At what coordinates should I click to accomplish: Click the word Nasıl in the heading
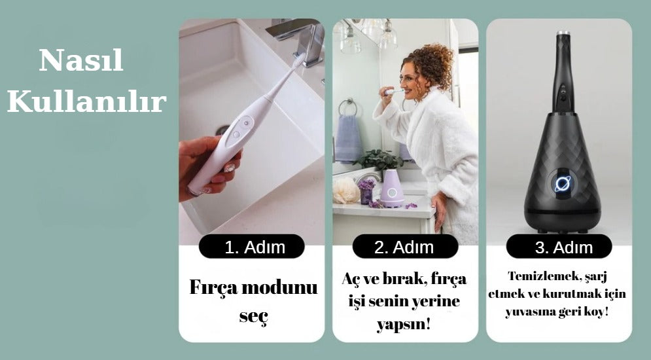click(x=81, y=60)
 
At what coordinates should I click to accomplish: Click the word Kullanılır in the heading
click(x=87, y=101)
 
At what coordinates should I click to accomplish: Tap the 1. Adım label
click(x=252, y=247)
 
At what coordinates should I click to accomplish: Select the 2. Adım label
click(x=405, y=247)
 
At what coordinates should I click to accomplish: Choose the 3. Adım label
click(x=559, y=247)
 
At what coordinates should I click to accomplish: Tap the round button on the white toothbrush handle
click(x=246, y=123)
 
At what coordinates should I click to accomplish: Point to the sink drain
click(x=222, y=130)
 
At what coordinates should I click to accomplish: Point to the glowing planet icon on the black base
click(x=563, y=184)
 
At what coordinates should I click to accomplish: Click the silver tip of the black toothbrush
click(x=563, y=33)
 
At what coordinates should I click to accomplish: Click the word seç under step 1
click(x=254, y=316)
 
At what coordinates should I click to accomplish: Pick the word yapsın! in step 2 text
click(x=404, y=324)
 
